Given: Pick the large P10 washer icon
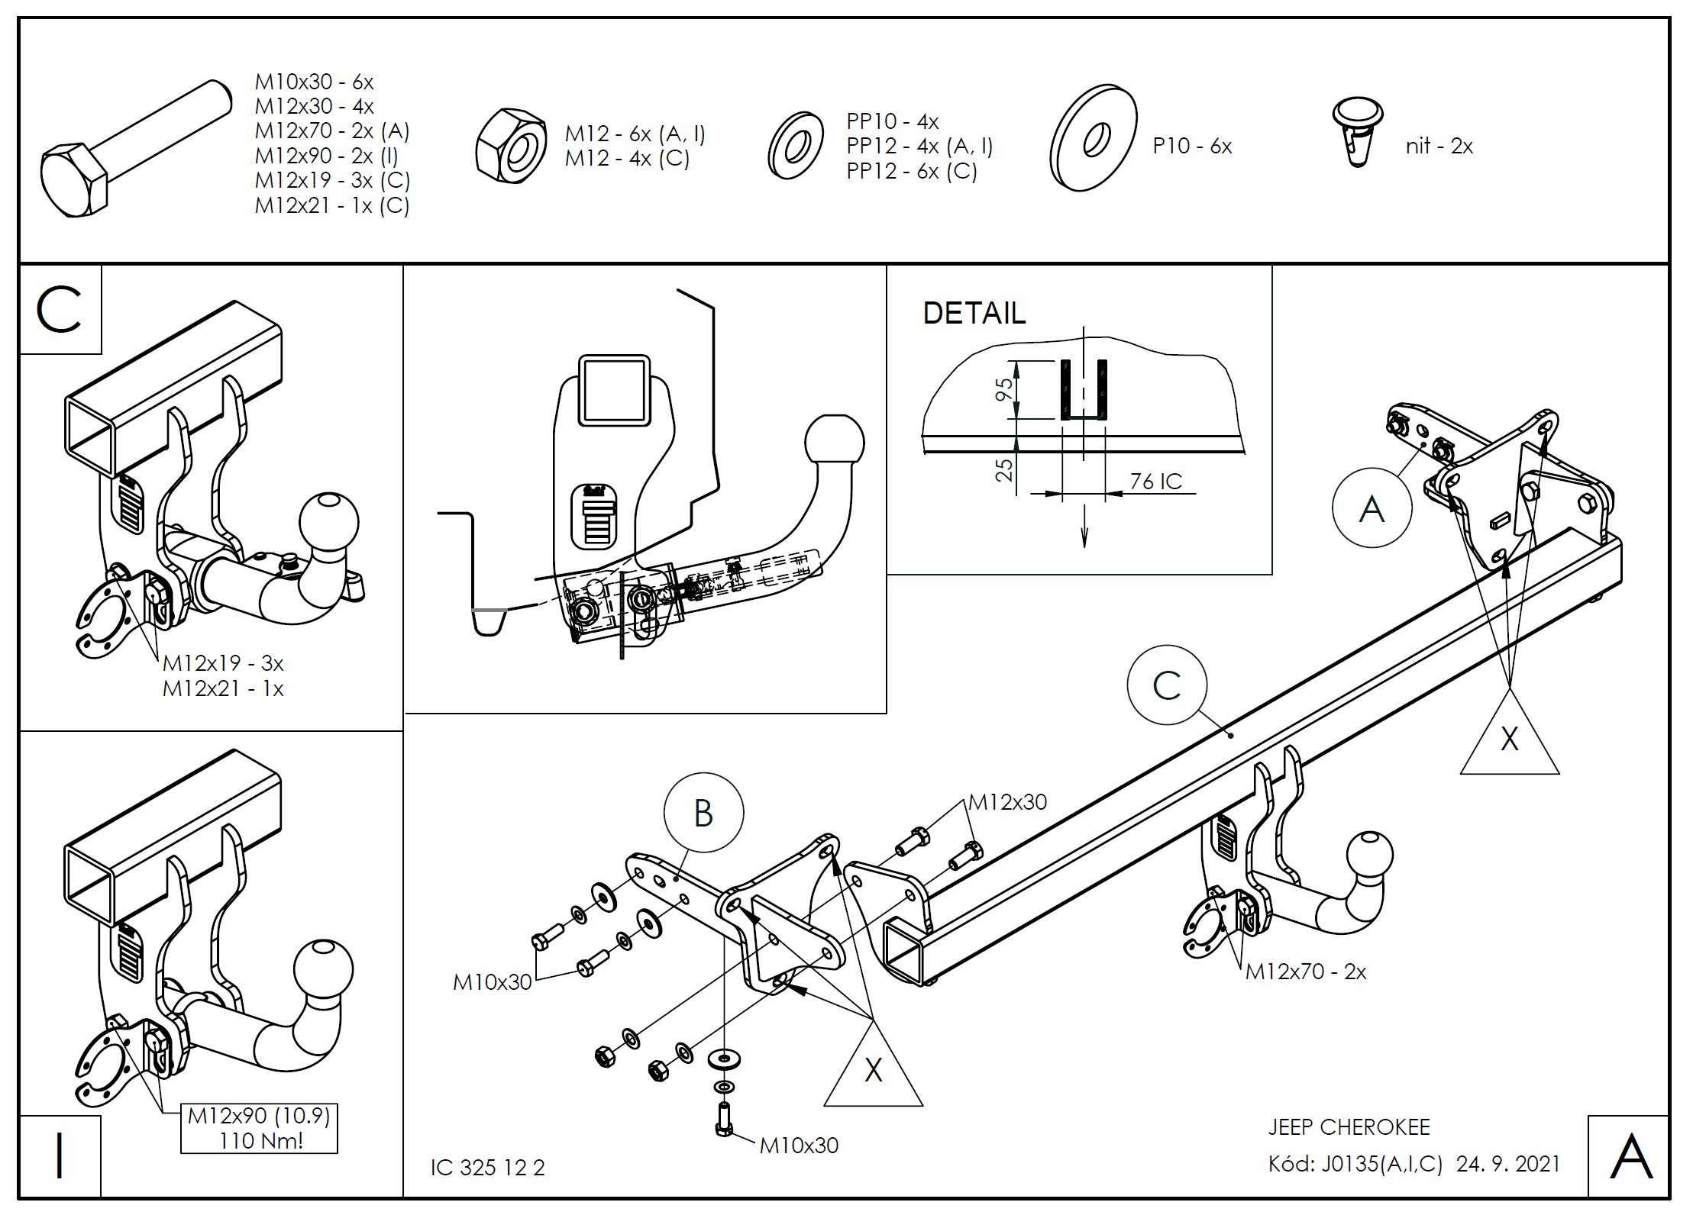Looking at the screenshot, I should point(1094,138).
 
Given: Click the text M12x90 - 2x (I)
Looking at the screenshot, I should point(327,156).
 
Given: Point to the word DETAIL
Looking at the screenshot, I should point(974,314).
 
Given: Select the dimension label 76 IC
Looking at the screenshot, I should point(1155,482).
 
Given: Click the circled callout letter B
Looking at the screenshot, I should point(703,813).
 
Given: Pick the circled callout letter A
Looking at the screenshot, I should point(1372,508).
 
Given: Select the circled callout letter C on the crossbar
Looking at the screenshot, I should point(1166,685).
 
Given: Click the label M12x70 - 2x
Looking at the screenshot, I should point(1305,972).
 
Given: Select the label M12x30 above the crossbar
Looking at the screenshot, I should point(1007,802).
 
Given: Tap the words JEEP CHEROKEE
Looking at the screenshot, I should point(1349,1126).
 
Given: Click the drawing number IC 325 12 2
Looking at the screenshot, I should point(487,1168).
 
